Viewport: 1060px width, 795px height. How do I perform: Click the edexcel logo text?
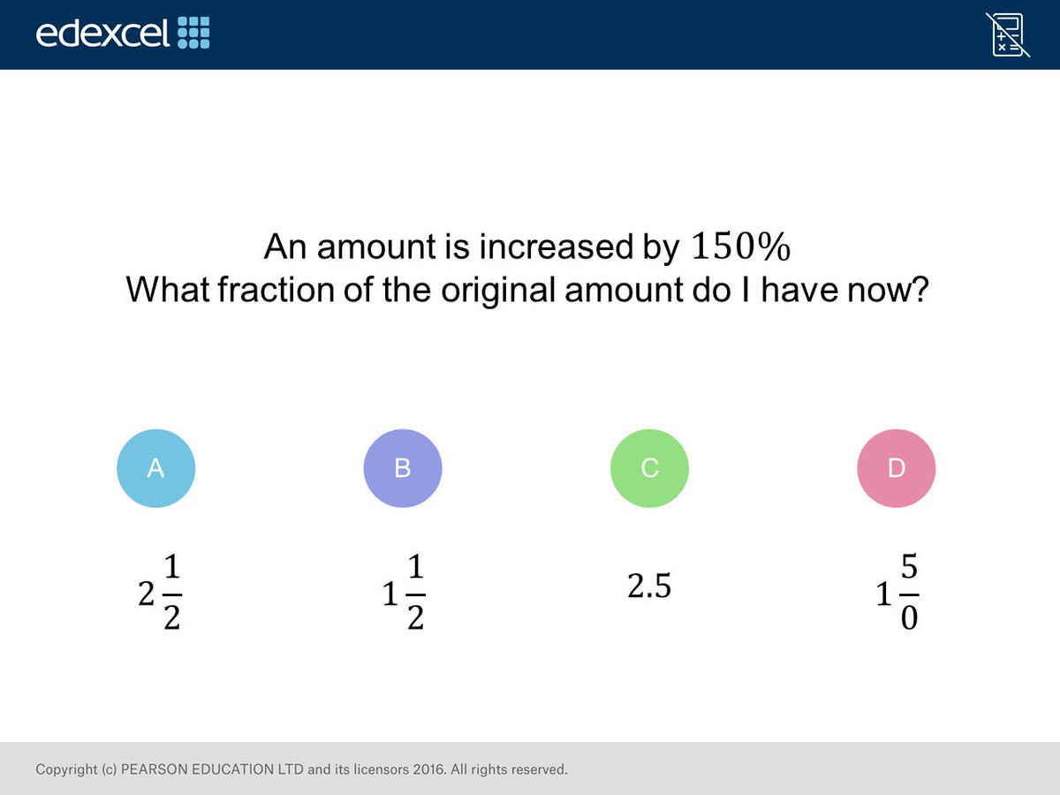click(102, 33)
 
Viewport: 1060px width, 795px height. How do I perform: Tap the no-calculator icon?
click(1008, 34)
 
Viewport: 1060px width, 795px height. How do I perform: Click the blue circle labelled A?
click(155, 468)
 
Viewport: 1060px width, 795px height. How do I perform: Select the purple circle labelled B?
click(403, 468)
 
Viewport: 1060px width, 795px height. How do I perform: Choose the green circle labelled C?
click(649, 468)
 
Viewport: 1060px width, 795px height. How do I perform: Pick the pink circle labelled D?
click(896, 468)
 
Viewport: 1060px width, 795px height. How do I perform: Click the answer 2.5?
click(649, 587)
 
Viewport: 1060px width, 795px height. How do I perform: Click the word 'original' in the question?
click(473, 290)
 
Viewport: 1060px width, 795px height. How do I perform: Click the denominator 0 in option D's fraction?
click(909, 617)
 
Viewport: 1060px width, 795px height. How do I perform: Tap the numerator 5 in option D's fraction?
click(909, 568)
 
